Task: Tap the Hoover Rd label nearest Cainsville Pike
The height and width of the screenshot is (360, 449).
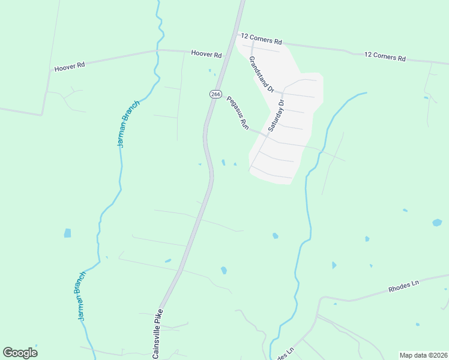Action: [x=206, y=54]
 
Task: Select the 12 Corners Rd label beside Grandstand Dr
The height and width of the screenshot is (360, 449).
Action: [x=261, y=39]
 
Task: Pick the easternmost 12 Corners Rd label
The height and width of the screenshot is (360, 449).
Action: [x=385, y=57]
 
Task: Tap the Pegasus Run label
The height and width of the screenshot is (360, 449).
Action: [x=237, y=113]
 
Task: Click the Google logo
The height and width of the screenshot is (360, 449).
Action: [x=20, y=353]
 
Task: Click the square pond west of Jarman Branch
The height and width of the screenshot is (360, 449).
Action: [x=67, y=233]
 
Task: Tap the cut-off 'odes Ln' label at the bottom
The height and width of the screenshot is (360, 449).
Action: [x=283, y=353]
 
